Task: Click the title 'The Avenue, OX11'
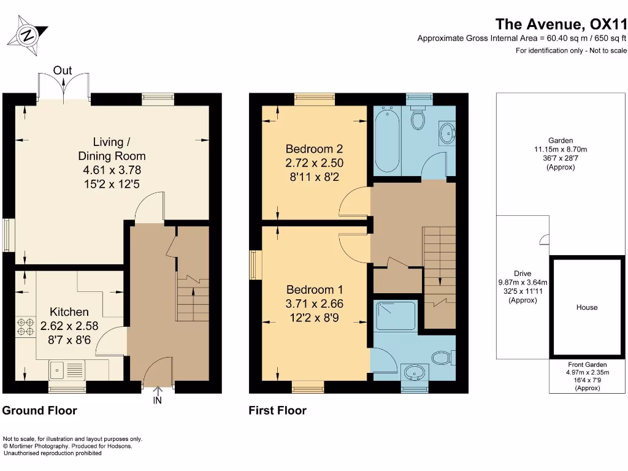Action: coord(561,24)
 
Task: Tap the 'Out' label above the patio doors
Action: coord(63,71)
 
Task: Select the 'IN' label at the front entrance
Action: coord(158,400)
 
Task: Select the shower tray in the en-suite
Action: coord(396,315)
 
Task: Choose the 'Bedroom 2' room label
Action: coord(314,149)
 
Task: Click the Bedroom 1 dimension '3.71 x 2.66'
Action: coord(315,304)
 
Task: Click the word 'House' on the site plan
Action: coord(586,307)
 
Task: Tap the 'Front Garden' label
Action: coord(588,364)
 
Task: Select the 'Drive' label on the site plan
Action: coord(523,274)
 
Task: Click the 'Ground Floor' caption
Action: coord(40,411)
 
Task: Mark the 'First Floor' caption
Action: coord(277,411)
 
